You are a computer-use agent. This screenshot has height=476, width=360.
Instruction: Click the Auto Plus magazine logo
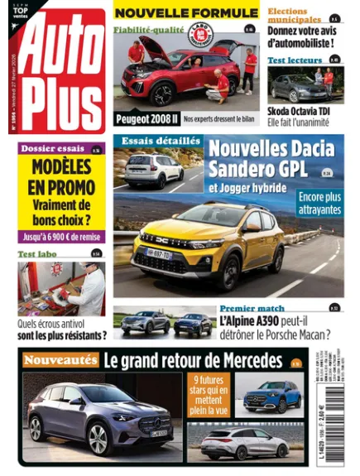tap(63, 75)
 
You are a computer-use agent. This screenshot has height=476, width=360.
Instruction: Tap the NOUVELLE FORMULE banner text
tap(185, 12)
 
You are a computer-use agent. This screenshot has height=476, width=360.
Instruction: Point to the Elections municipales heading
tap(294, 15)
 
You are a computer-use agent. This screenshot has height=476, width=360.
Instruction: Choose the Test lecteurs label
tap(294, 60)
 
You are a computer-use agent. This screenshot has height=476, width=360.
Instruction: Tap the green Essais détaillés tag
tap(161, 141)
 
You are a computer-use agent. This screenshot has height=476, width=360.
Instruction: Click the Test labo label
tap(38, 254)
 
